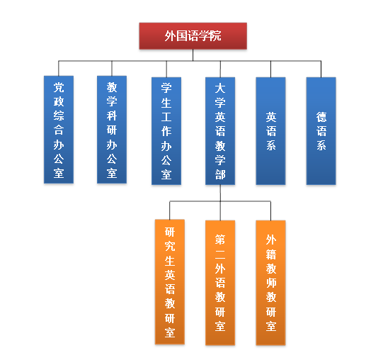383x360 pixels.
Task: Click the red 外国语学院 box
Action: coord(193,36)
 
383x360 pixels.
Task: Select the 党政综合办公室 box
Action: coord(59,130)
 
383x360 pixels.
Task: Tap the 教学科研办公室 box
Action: coord(112,130)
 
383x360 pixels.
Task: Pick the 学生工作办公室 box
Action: coord(166,131)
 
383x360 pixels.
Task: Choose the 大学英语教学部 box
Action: coord(220,131)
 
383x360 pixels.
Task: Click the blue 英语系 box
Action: coord(270,131)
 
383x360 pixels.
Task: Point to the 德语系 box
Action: coord(321,131)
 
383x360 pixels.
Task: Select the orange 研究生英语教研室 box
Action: coord(170,282)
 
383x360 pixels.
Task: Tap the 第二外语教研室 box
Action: coord(220,283)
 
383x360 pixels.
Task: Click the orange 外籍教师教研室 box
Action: coord(270,283)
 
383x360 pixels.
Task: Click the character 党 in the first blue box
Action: coord(59,87)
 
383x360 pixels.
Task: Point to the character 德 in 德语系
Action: coord(321,117)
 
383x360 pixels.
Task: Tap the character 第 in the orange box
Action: coord(220,240)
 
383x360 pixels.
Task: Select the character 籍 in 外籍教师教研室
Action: coord(271,254)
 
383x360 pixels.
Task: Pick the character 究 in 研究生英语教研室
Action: coord(170,246)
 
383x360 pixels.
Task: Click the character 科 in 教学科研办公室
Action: coord(112,116)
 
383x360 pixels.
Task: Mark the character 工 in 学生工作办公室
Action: coord(166,117)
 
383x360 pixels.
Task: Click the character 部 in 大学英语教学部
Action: coord(220,174)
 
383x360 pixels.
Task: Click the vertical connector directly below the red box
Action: coord(193,55)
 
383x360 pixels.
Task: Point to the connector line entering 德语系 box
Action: coord(321,69)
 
